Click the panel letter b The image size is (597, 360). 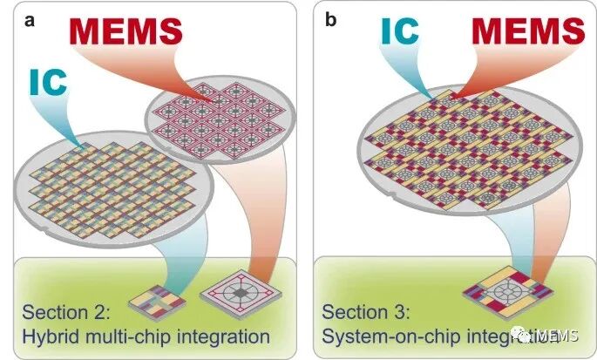point(330,19)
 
